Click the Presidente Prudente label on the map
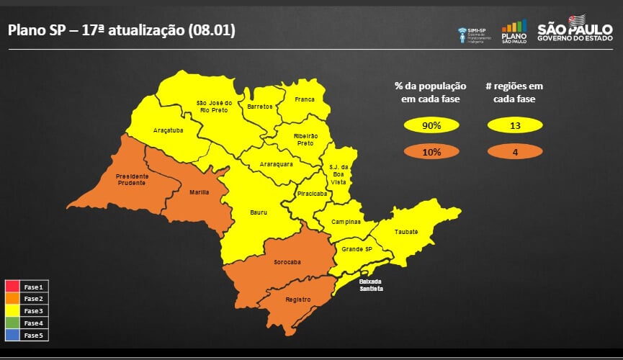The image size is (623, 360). click(x=133, y=179)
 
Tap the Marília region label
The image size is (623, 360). click(x=200, y=192)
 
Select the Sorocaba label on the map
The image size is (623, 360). click(x=287, y=261)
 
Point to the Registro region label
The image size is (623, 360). click(x=297, y=299)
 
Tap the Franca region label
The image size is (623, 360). click(x=305, y=99)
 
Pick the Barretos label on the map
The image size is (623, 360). click(x=260, y=107)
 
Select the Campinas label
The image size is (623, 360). click(x=346, y=222)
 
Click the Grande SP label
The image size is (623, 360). click(x=357, y=249)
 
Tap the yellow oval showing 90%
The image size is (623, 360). click(x=431, y=126)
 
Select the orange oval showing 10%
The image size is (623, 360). click(x=431, y=152)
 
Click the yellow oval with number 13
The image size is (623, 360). click(x=515, y=126)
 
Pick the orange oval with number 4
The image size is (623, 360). click(x=515, y=152)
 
